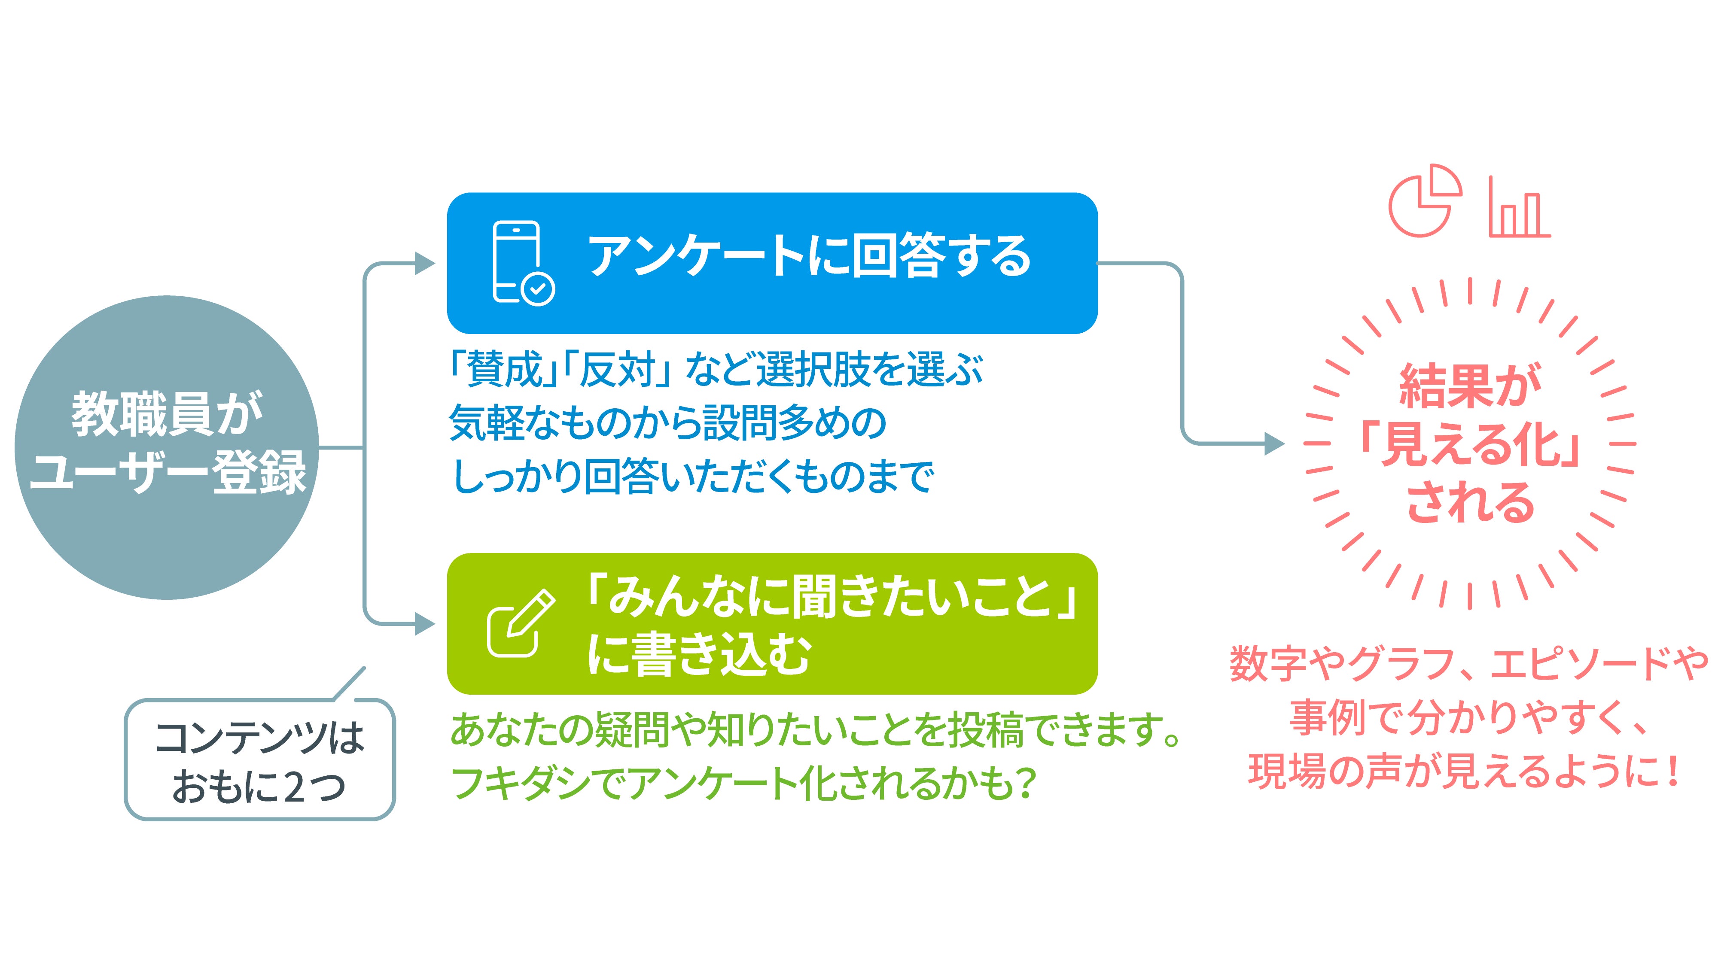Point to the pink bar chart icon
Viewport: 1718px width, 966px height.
(1519, 207)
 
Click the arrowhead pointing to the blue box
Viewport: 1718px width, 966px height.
(425, 263)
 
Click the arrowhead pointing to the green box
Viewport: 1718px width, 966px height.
(425, 624)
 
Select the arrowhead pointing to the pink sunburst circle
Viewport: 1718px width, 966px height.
(1274, 444)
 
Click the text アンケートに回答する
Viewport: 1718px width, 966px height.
(809, 256)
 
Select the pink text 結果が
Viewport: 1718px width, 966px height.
(1470, 386)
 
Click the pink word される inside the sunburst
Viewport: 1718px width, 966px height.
(1470, 501)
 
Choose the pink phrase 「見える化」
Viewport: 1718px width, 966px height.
(1470, 444)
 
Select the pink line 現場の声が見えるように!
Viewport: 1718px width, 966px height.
(1464, 772)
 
